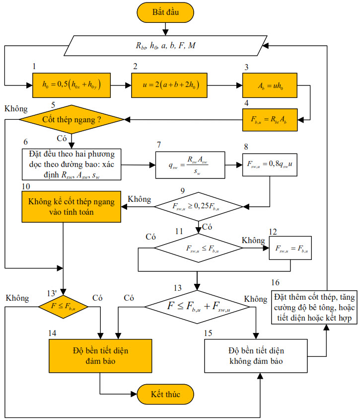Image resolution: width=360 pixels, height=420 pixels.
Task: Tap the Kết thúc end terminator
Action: (165, 395)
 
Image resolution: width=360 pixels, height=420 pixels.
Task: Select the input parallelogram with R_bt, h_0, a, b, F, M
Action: (165, 46)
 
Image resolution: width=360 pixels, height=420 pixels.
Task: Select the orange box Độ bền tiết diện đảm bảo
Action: (100, 356)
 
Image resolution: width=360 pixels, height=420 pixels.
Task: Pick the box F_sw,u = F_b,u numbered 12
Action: (289, 248)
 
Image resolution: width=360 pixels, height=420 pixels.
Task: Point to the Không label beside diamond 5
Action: (15, 108)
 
